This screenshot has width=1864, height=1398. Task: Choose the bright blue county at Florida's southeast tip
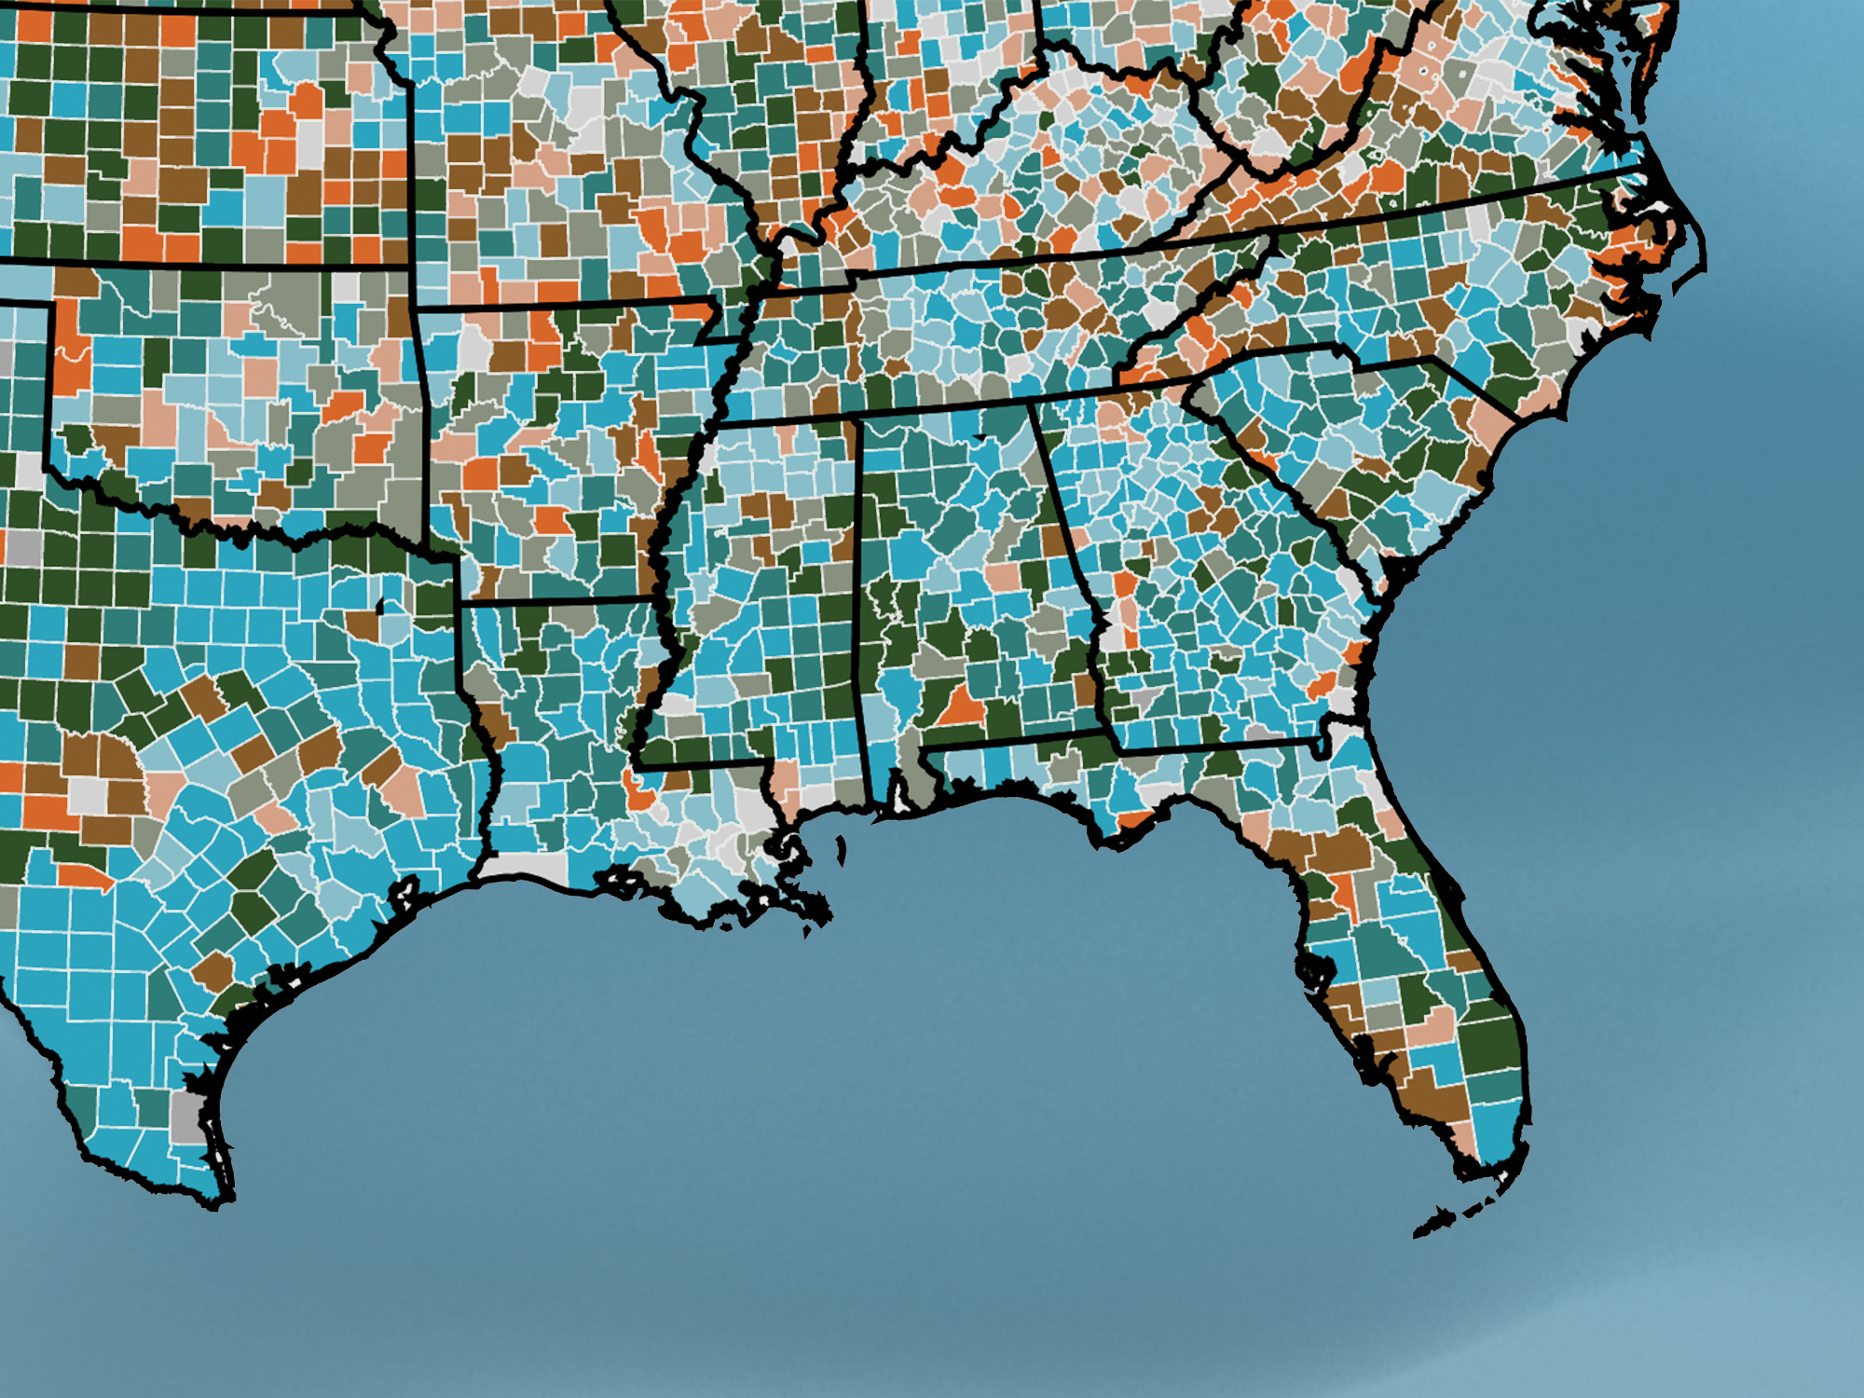(x=1496, y=1132)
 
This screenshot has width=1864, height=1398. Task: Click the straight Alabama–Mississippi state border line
(x=862, y=606)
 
